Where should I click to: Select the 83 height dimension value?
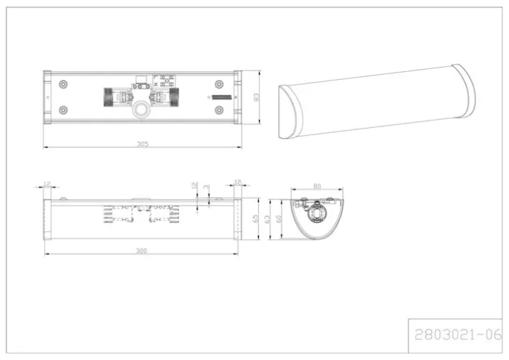point(254,97)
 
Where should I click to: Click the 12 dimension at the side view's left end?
point(47,184)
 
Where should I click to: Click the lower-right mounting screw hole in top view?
point(220,111)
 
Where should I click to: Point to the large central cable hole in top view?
point(142,111)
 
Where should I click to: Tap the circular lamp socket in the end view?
point(315,215)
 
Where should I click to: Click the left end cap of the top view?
point(47,97)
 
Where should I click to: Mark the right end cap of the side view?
point(235,219)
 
